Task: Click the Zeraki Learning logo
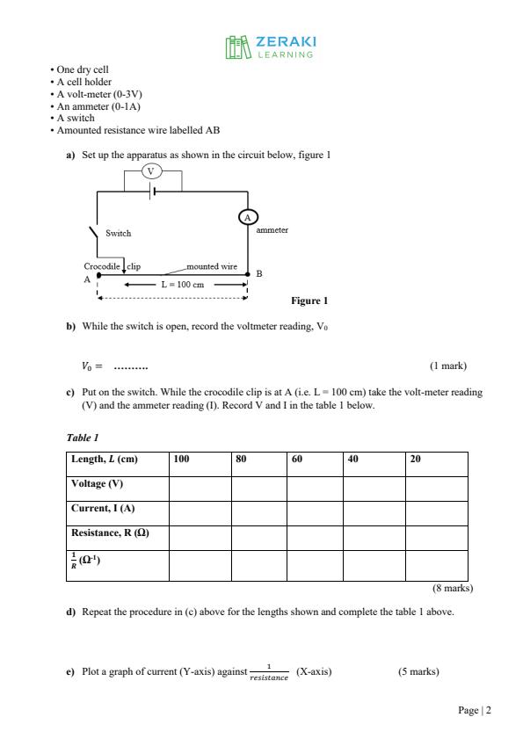coord(270,47)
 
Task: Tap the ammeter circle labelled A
coord(247,216)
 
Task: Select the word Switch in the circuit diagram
coord(118,234)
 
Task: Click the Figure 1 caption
coord(310,301)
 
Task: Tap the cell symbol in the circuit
coord(152,191)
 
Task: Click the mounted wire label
coord(212,265)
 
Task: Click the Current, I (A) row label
coord(103,509)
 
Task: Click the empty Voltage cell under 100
coord(200,484)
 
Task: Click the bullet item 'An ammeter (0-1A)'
coord(98,106)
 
